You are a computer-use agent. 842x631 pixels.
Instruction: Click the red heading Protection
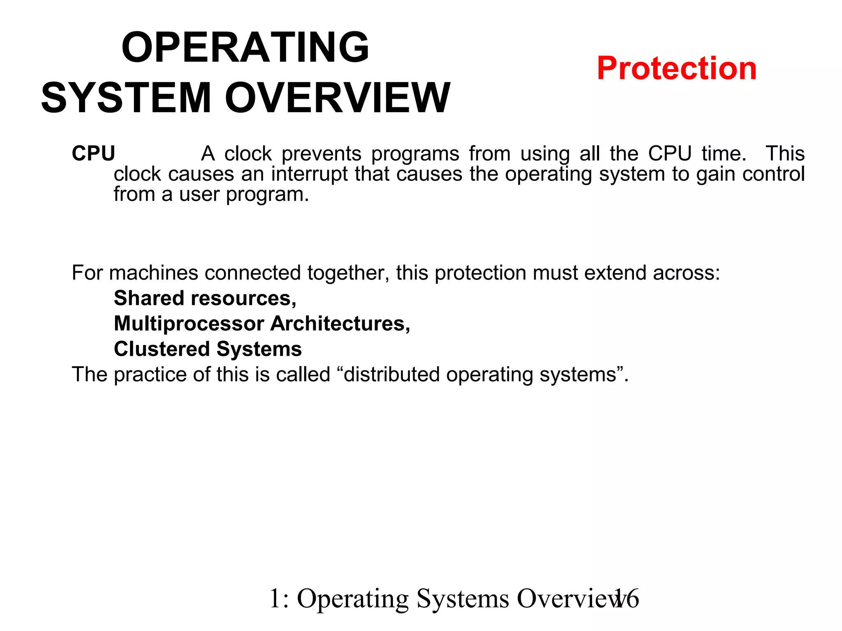[676, 68]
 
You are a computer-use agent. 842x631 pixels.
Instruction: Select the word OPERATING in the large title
[245, 48]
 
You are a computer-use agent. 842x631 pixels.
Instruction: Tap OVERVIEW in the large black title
[338, 98]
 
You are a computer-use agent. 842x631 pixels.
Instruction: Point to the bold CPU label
[93, 154]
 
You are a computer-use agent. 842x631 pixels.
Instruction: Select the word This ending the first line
[785, 154]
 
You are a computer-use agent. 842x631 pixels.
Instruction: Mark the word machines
[154, 273]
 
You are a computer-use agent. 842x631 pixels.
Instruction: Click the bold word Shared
[149, 298]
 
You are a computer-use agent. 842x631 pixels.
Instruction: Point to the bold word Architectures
[340, 324]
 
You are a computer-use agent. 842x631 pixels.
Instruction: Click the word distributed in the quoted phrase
[391, 375]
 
